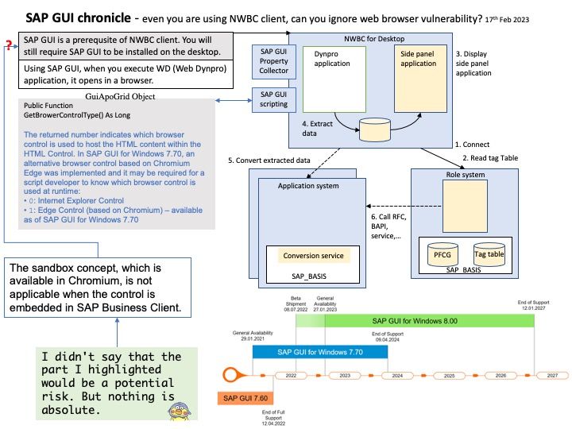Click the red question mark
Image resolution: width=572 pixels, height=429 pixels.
[9, 45]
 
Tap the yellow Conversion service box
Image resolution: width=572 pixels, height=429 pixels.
[314, 256]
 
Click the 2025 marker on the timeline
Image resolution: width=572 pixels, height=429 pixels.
[449, 374]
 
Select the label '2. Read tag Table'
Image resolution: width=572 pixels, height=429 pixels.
[490, 158]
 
